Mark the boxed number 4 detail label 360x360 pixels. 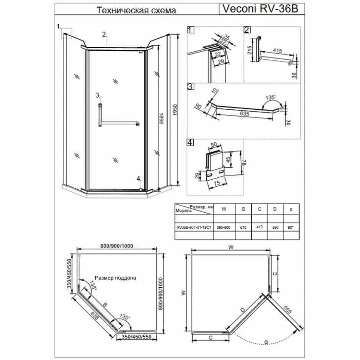point(190,142)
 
